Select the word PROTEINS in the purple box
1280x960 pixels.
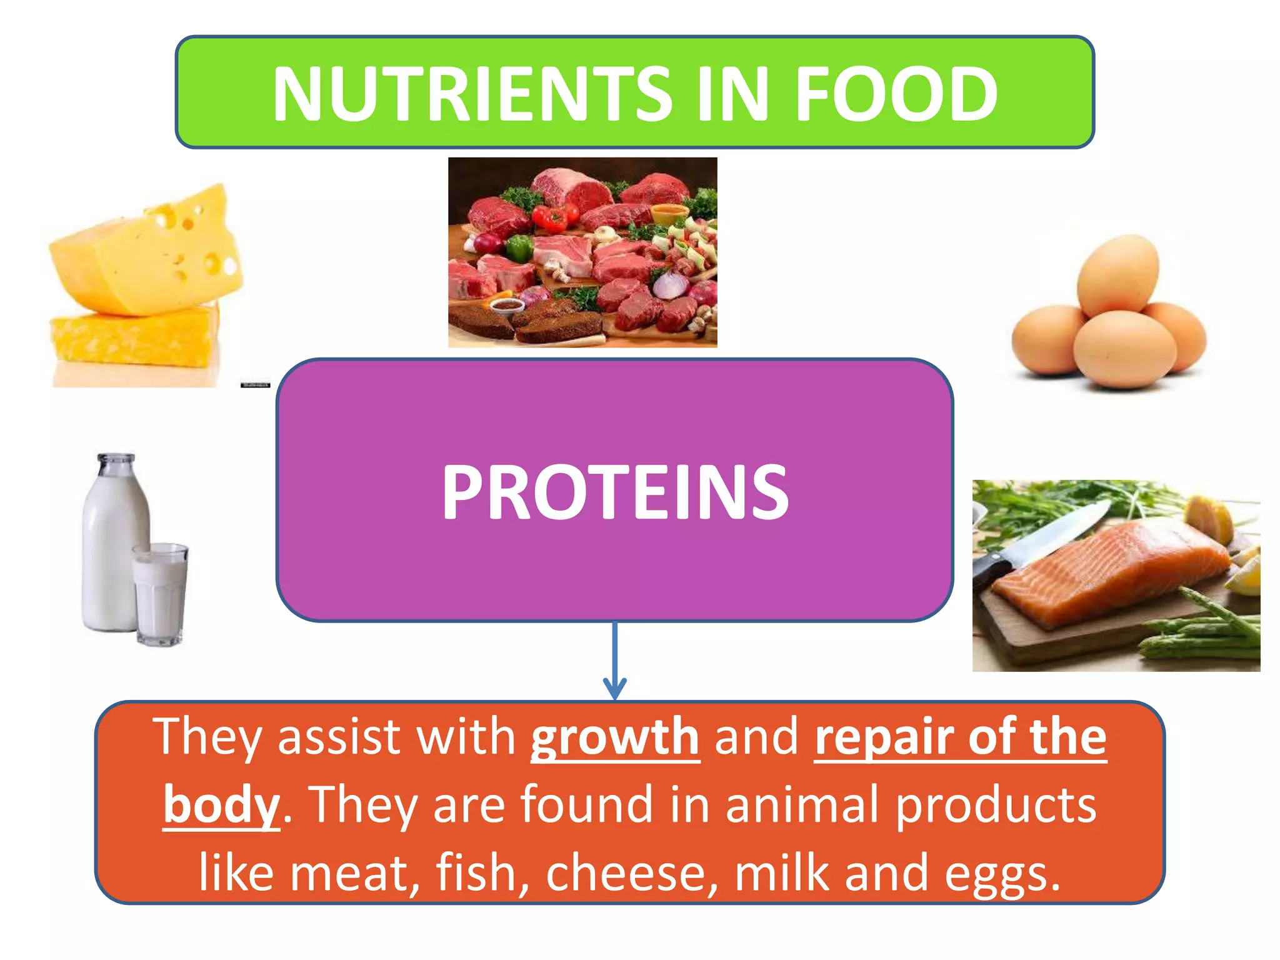615,492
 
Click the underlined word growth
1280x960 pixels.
615,737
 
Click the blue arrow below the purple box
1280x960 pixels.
615,662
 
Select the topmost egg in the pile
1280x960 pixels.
1117,275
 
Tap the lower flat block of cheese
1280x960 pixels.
134,341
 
